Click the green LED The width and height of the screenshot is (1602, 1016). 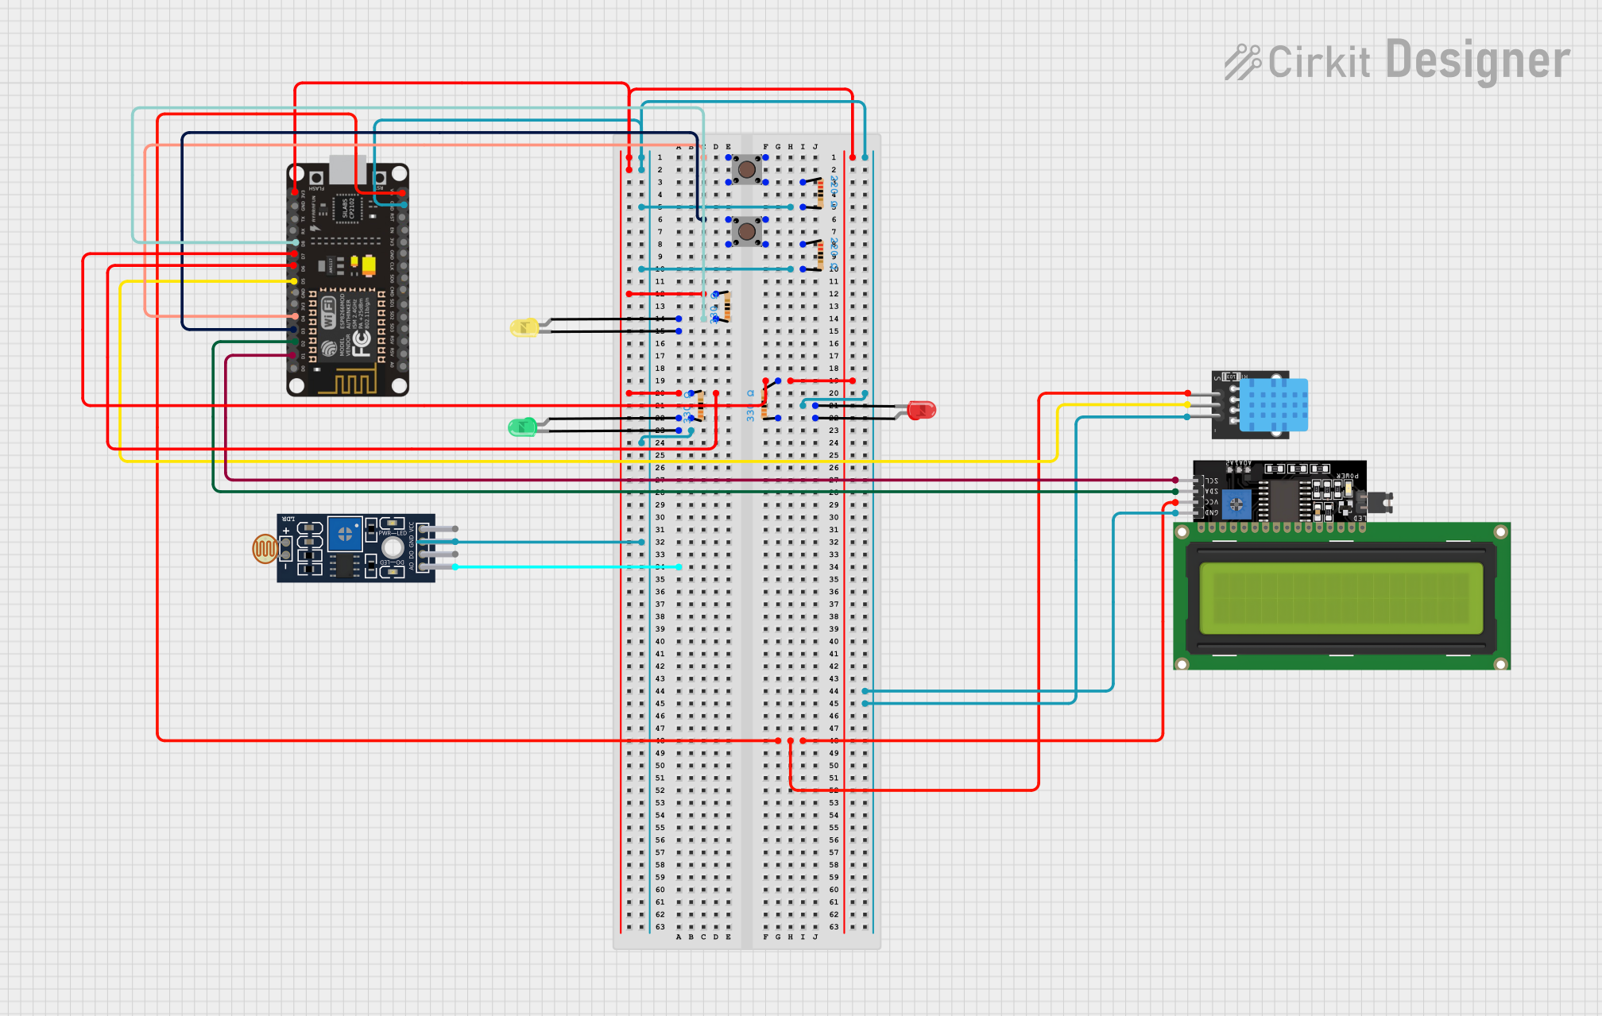pyautogui.click(x=521, y=427)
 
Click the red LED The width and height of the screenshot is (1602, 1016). pyautogui.click(x=922, y=410)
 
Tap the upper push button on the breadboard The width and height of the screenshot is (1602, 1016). pyautogui.click(x=746, y=168)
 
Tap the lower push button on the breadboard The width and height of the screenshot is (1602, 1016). pyautogui.click(x=746, y=231)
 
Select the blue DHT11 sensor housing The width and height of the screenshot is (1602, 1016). pyautogui.click(x=1273, y=404)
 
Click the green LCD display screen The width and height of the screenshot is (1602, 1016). pyautogui.click(x=1341, y=597)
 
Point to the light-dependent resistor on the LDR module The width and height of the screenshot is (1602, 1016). pyautogui.click(x=265, y=548)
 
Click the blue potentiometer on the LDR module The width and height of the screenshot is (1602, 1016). pyautogui.click(x=345, y=535)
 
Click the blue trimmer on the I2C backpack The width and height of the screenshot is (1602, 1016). pyautogui.click(x=1236, y=504)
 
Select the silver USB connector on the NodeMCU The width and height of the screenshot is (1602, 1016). pyautogui.click(x=347, y=169)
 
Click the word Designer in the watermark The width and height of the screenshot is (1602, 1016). pyautogui.click(x=1477, y=60)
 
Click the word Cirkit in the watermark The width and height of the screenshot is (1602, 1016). pyautogui.click(x=1319, y=62)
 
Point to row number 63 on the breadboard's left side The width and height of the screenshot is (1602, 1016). pyautogui.click(x=660, y=926)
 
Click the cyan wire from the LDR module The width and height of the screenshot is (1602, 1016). pyautogui.click(x=556, y=566)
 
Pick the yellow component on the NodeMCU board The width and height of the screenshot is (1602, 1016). pyautogui.click(x=369, y=264)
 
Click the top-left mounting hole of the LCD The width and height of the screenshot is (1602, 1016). pyautogui.click(x=1182, y=531)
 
